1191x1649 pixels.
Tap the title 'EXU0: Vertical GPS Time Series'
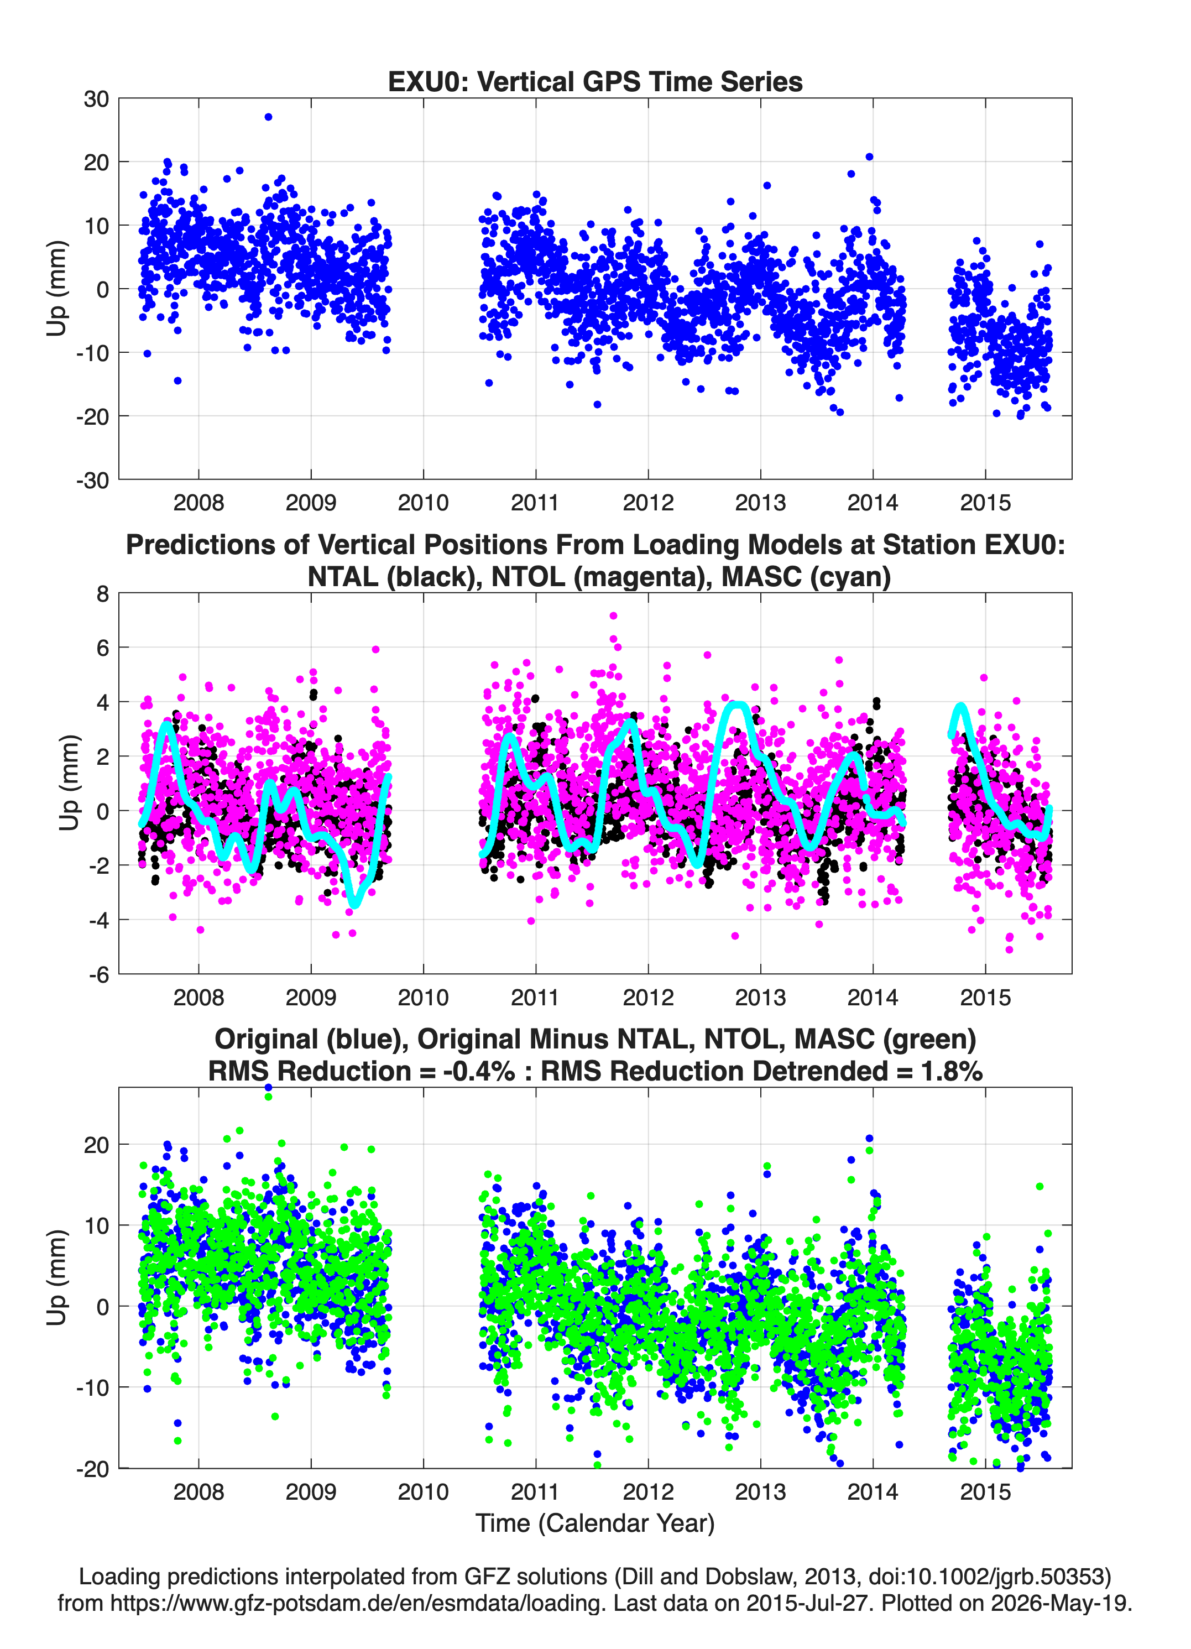click(x=595, y=81)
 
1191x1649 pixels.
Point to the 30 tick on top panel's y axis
click(x=96, y=99)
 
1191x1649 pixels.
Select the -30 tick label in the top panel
click(x=92, y=480)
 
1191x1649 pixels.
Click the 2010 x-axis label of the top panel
click(x=423, y=503)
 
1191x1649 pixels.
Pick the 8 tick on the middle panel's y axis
click(x=102, y=594)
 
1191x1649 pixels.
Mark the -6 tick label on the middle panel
click(x=99, y=975)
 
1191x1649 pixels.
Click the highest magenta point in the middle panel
click(x=614, y=616)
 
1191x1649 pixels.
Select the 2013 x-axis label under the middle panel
click(x=761, y=997)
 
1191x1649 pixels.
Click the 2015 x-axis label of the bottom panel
click(x=985, y=1491)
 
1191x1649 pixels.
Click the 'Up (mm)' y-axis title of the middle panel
click(x=69, y=783)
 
